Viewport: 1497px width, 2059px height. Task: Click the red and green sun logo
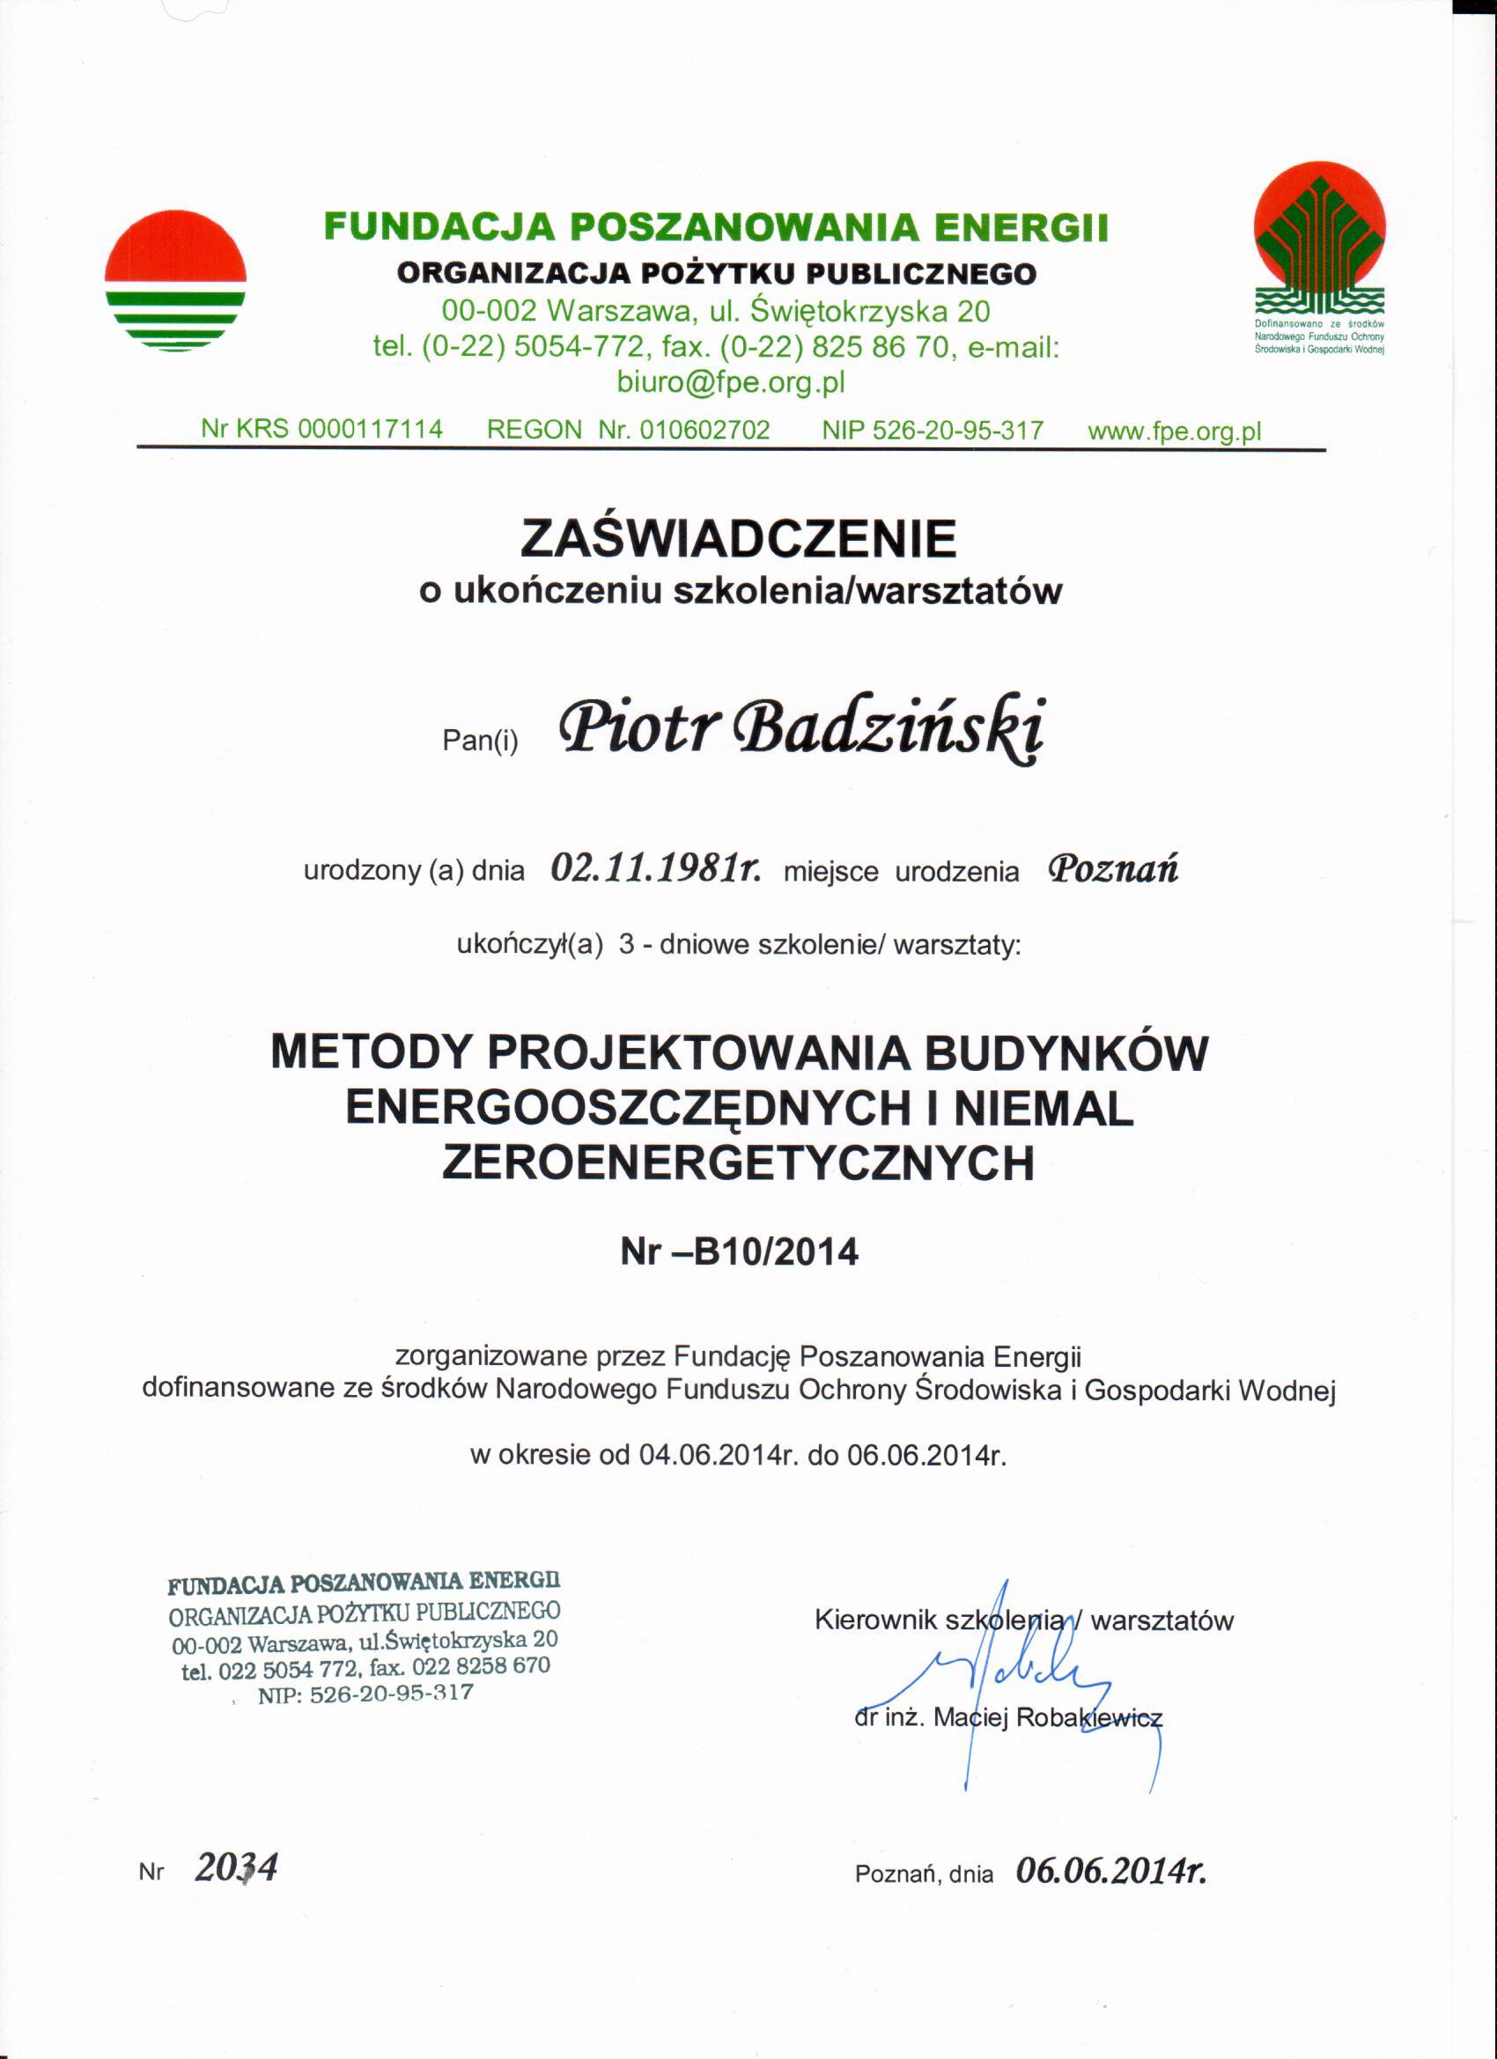(175, 280)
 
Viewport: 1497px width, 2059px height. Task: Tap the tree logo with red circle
(1319, 245)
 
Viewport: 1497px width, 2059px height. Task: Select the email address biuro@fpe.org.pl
(731, 382)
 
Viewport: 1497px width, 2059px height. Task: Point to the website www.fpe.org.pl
(1175, 431)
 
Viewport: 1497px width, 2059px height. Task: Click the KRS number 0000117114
(371, 430)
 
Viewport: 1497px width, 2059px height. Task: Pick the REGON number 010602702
(704, 430)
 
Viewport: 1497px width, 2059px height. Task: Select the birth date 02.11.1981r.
(655, 869)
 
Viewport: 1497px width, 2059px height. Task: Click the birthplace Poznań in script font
(1113, 869)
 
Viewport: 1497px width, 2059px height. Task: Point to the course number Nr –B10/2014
(739, 1253)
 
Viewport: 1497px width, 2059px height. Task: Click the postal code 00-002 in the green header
(487, 313)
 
